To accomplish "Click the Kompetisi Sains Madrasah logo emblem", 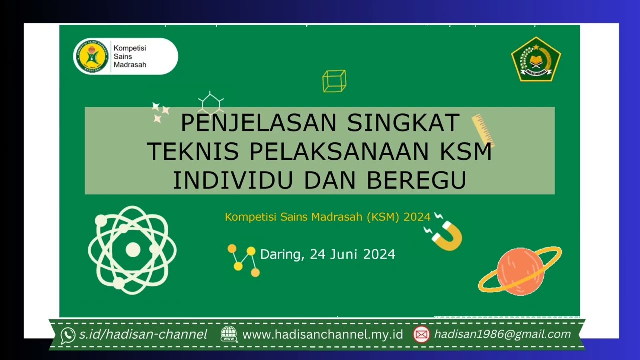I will pyautogui.click(x=91, y=56).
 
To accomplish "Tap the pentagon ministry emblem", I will pyautogui.click(x=536, y=59).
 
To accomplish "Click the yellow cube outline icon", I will pyautogui.click(x=334, y=81).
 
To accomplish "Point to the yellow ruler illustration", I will pyautogui.click(x=483, y=130).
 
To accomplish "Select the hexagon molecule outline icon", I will pyautogui.click(x=210, y=103).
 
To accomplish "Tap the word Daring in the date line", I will pyautogui.click(x=281, y=254).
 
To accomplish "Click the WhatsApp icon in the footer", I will pyautogui.click(x=68, y=335).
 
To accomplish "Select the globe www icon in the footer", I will pyautogui.click(x=229, y=334).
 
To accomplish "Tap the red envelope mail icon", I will pyautogui.click(x=421, y=334).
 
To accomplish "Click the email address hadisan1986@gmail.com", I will pyautogui.click(x=502, y=334).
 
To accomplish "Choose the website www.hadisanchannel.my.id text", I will pyautogui.click(x=322, y=335).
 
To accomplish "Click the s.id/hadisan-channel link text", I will pyautogui.click(x=143, y=335).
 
